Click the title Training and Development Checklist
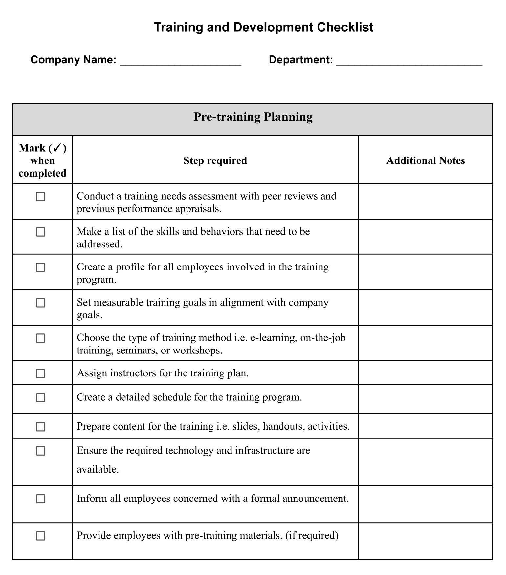coord(263,27)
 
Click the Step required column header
coord(215,160)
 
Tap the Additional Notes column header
coord(426,160)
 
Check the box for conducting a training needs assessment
coord(40,197)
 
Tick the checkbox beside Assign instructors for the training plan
coord(40,373)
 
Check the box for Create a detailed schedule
coord(40,397)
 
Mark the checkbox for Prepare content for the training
coord(40,427)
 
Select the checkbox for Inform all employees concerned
coord(40,499)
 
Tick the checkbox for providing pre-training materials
coord(40,536)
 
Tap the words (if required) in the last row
coord(312,535)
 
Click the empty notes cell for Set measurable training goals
coord(426,308)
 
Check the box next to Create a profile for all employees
coord(40,267)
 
